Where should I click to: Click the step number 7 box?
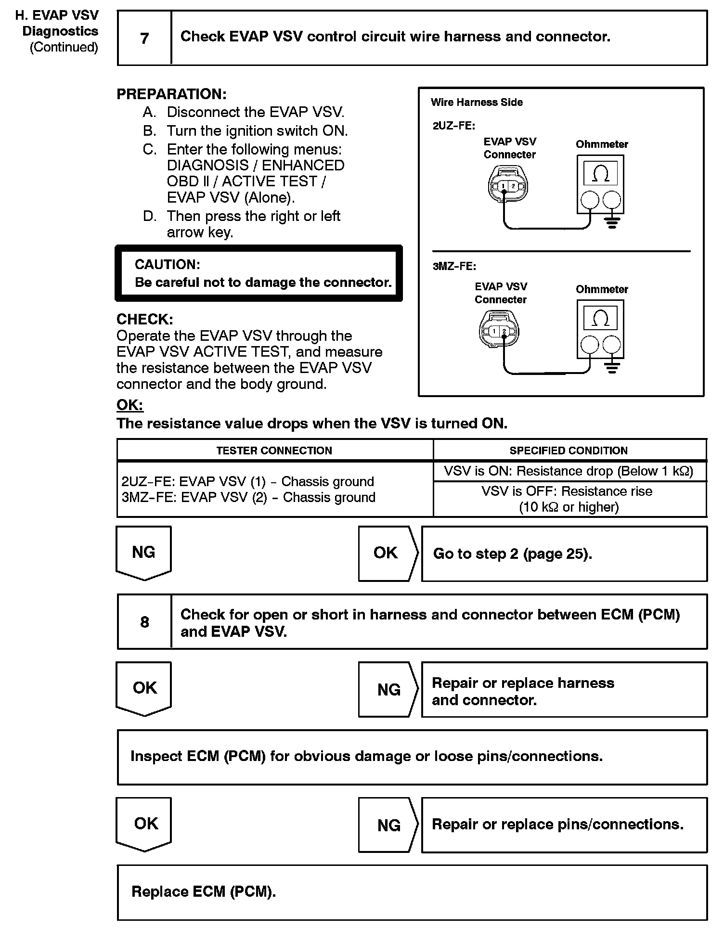144,38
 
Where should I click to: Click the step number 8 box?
144,622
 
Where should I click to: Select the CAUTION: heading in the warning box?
167,264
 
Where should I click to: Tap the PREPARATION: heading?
171,94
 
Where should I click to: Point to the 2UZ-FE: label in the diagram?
454,126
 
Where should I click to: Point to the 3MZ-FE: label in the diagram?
454,266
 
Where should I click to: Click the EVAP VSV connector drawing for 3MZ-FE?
499,331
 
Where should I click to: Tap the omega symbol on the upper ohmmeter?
600,173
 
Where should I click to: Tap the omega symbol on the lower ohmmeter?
600,318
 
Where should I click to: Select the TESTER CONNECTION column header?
274,451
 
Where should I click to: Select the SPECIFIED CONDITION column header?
569,451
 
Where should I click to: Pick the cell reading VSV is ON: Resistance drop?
569,471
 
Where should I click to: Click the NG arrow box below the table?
143,552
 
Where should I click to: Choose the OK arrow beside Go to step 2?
386,553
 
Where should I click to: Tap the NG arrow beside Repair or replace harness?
388,690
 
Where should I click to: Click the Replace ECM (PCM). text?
204,892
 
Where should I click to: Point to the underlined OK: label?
129,405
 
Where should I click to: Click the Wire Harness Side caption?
477,102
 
